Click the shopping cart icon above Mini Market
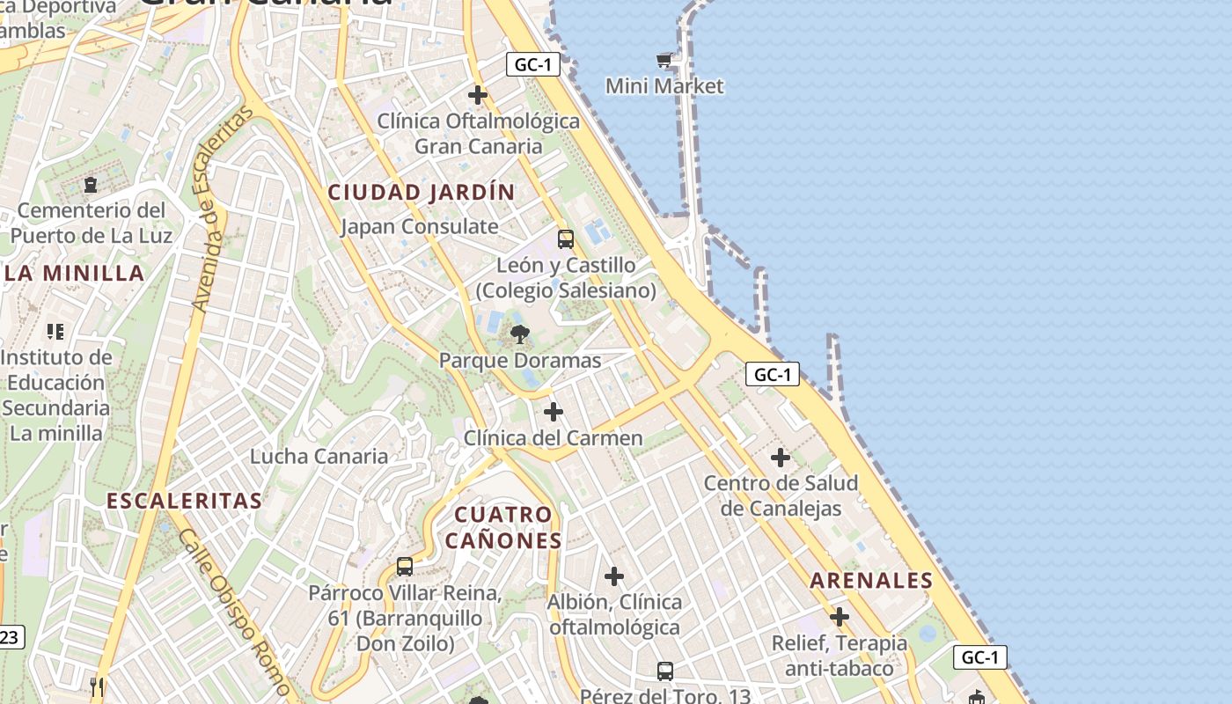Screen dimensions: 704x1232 [x=664, y=60]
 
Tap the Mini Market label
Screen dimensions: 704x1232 [x=664, y=86]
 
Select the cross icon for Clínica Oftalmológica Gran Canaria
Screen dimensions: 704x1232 [x=478, y=94]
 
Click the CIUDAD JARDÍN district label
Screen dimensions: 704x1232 [x=422, y=192]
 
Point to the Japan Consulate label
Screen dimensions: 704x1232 [x=420, y=226]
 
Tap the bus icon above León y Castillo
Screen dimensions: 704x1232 [x=566, y=238]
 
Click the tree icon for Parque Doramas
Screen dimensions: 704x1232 [x=520, y=334]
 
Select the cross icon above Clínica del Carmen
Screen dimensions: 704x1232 [x=554, y=411]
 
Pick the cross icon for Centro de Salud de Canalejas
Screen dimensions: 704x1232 [x=780, y=458]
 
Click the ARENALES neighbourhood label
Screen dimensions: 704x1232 [x=871, y=580]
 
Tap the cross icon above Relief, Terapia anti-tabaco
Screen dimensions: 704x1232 [x=840, y=616]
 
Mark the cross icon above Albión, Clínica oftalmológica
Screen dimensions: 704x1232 [x=614, y=576]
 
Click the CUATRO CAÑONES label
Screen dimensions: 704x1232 [x=503, y=527]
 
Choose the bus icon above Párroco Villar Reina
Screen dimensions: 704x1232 [x=405, y=567]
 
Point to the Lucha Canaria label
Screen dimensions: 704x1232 [x=319, y=456]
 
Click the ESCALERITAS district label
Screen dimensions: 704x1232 [x=184, y=501]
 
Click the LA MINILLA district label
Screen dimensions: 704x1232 [x=75, y=273]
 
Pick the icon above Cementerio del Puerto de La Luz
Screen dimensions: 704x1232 [x=91, y=185]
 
